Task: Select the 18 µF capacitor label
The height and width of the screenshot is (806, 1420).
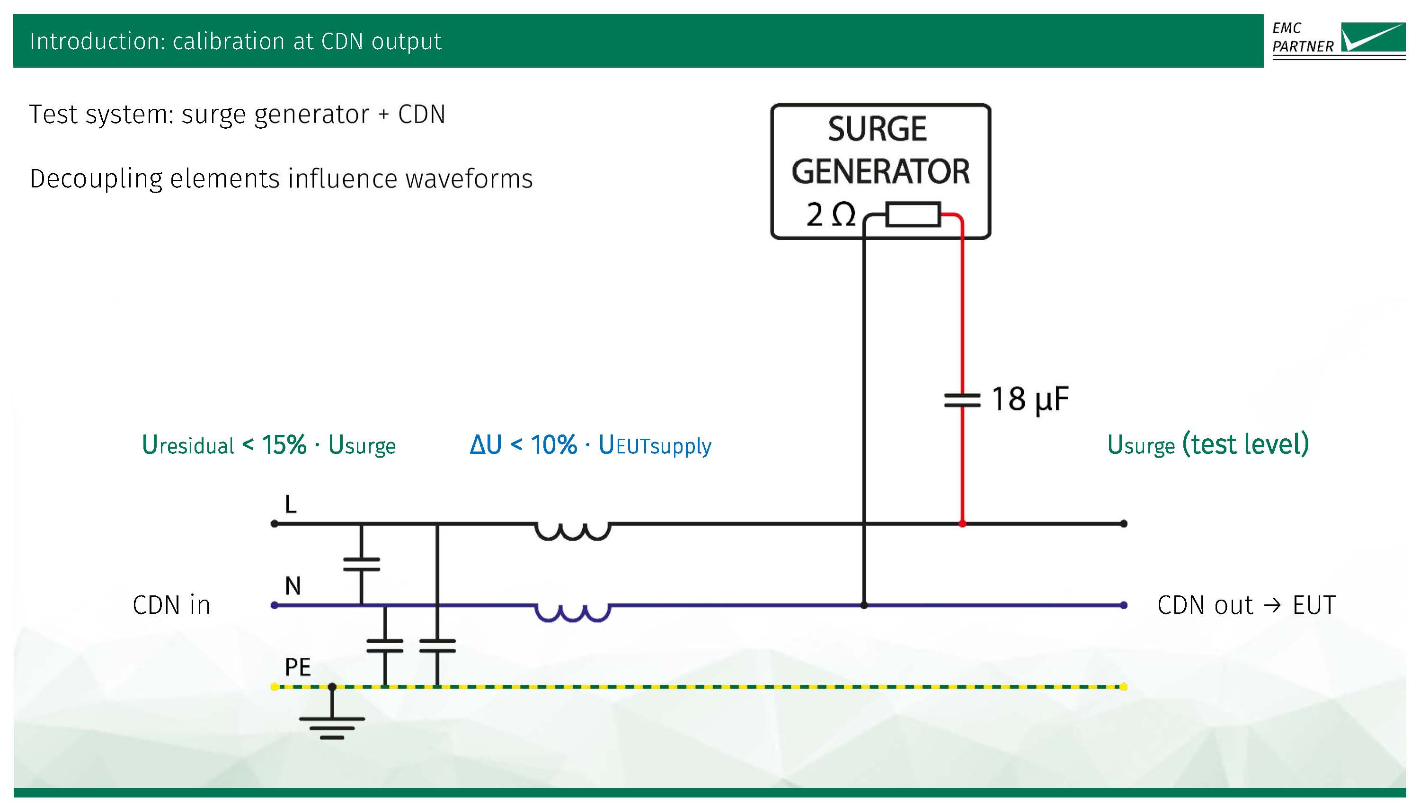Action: coord(1029,399)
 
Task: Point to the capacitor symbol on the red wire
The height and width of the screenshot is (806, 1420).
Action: coord(962,400)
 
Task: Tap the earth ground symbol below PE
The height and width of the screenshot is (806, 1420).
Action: coord(332,726)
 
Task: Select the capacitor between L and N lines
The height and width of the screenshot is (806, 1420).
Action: coord(362,564)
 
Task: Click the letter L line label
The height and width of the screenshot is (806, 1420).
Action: coord(290,505)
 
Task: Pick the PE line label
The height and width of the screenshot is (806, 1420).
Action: coord(297,667)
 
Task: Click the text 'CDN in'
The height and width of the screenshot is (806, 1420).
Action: coord(172,605)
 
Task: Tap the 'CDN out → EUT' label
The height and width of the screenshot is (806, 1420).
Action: coord(1246,605)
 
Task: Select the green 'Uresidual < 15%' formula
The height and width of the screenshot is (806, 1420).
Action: coord(268,445)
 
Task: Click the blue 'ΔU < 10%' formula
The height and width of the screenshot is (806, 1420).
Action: coord(590,445)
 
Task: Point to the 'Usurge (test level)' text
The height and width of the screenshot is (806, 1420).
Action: coord(1207,444)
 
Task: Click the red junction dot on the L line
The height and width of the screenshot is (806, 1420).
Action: coord(962,523)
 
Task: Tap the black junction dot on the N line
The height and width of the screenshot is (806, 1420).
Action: coord(864,605)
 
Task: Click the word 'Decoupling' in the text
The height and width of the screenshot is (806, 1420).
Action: coord(95,179)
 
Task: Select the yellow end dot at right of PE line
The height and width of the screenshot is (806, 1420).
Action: coord(1123,687)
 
